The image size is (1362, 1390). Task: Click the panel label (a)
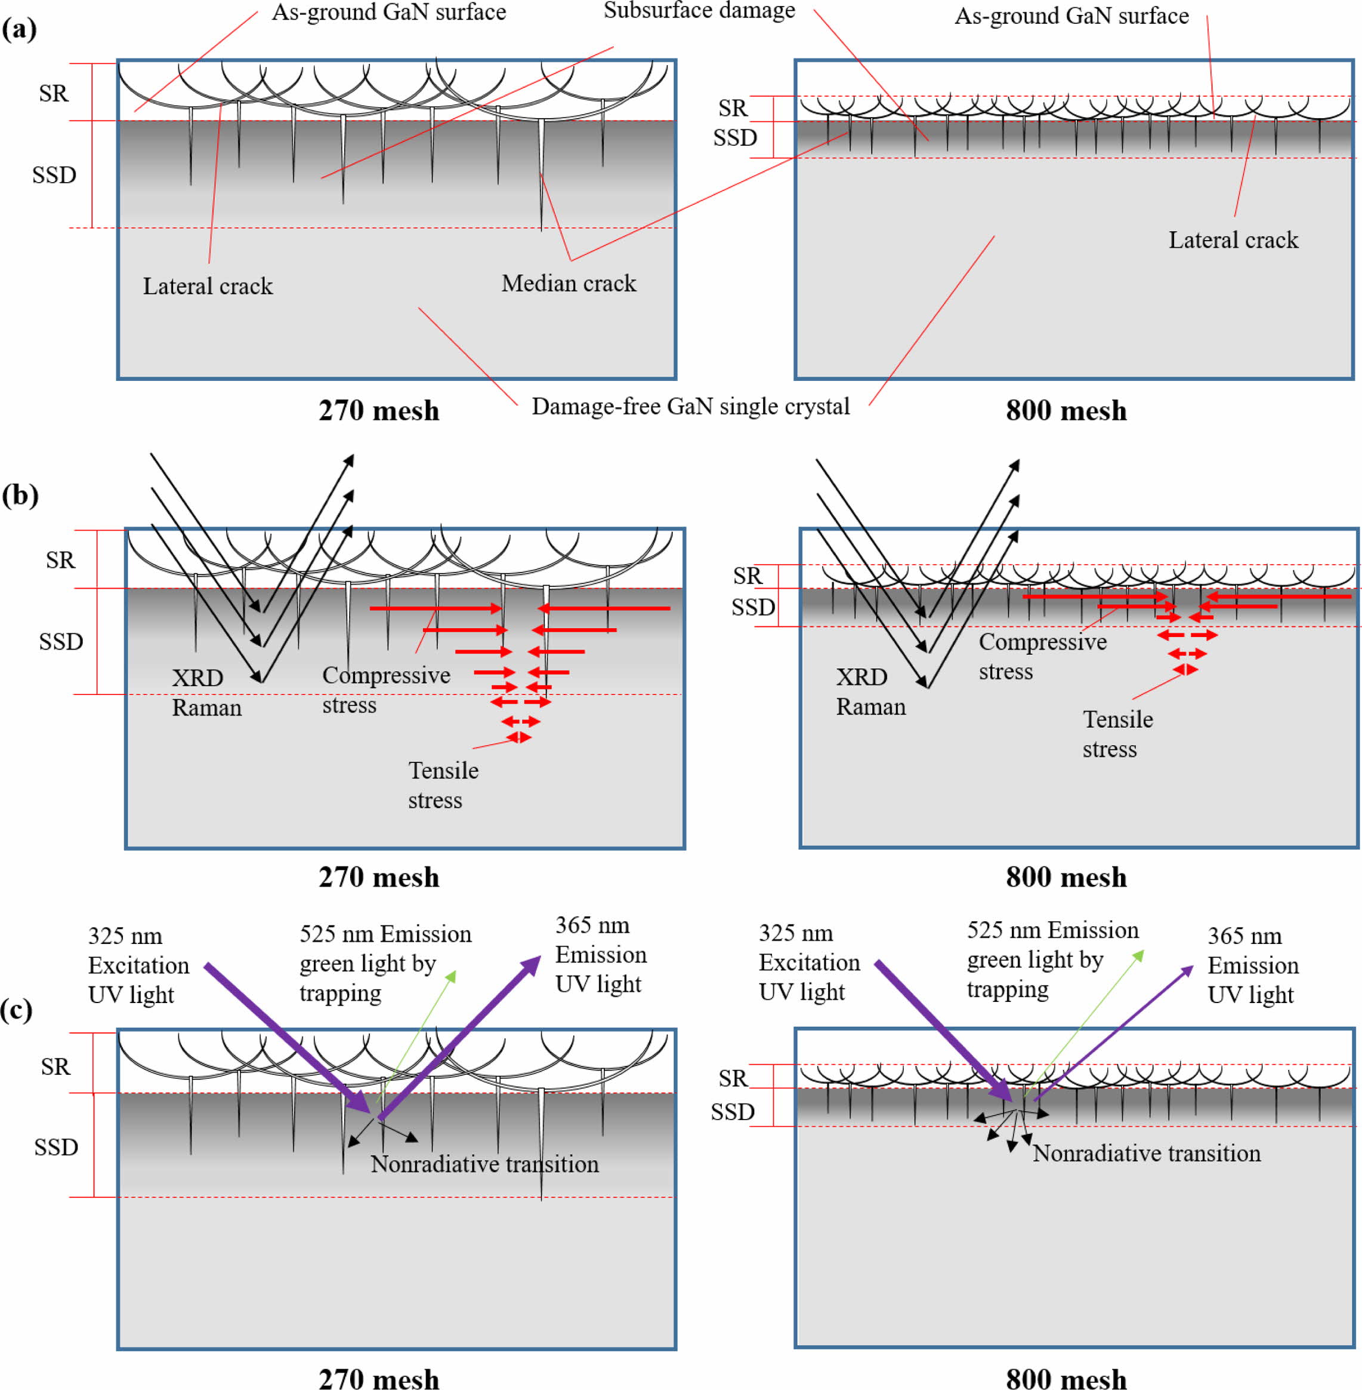19,29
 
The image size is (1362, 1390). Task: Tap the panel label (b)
19,496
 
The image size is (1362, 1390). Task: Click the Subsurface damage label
699,11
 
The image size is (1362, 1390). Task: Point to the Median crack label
569,284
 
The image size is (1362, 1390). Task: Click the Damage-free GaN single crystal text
690,407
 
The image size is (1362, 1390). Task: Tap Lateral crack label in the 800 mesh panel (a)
1233,240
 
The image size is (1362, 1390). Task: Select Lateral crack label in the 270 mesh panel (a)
208,287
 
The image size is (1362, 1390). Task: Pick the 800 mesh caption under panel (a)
1066,411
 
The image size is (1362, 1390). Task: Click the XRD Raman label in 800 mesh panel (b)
870,692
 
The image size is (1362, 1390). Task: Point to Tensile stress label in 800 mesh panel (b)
1117,734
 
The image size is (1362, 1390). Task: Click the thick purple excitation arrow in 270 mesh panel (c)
286,1038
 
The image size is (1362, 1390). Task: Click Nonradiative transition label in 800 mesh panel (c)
1147,1153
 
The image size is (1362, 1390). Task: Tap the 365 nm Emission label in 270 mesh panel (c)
600,955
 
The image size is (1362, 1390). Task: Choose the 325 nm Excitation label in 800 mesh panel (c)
809,962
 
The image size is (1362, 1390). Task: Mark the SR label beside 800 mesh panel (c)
733,1078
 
